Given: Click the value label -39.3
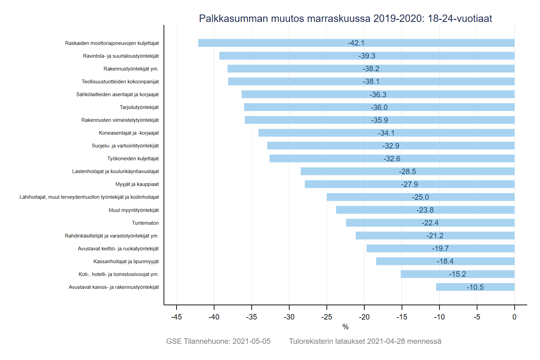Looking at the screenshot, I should click(367, 56).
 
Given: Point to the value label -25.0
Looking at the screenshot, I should click(421, 197).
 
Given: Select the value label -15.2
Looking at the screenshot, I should click(457, 274).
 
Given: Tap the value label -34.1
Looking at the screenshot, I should click(386, 133).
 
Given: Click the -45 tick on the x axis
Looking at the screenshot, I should click(177, 317).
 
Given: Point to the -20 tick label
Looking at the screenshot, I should click(364, 317).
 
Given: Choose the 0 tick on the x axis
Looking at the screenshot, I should click(514, 317).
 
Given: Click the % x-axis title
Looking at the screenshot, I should click(345, 327).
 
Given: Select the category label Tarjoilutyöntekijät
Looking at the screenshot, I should click(139, 107).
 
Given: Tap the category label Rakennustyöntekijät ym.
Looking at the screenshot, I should click(131, 69).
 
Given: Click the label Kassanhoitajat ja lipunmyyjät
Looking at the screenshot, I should click(126, 261).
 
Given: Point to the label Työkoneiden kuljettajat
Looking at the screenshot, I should click(133, 159).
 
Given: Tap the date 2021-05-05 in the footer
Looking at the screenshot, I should click(251, 341).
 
